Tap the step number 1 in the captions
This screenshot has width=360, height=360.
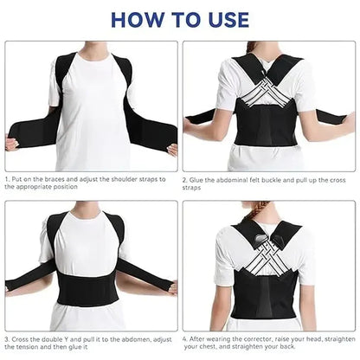[x=7, y=180]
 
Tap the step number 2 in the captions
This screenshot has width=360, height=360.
[x=185, y=180]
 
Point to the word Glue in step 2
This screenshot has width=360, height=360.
[x=198, y=180]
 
